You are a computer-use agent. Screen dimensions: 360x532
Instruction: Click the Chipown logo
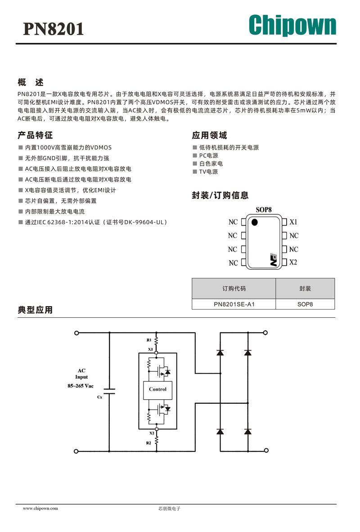[292, 25]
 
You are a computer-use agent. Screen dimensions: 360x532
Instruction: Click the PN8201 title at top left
[53, 29]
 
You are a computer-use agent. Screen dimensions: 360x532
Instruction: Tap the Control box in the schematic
[157, 389]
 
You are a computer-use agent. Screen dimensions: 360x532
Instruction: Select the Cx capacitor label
[100, 397]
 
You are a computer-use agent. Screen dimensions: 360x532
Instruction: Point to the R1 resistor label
[149, 340]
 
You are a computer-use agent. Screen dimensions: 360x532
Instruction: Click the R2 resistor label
[148, 443]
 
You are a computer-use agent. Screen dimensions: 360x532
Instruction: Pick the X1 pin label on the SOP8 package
[293, 222]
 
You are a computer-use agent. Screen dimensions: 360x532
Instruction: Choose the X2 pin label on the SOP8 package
[293, 262]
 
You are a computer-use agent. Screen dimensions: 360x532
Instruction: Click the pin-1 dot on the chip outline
[254, 222]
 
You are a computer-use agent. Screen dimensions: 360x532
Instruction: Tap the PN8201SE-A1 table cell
[234, 304]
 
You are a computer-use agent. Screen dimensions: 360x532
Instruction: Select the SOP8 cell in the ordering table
[305, 304]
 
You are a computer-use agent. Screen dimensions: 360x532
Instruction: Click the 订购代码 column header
[234, 289]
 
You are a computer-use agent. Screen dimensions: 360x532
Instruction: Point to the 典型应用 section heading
[35, 310]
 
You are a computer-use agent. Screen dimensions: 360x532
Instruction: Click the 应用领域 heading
[209, 135]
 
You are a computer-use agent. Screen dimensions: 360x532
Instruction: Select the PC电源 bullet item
[208, 155]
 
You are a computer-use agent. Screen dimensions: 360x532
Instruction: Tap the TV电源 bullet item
[208, 171]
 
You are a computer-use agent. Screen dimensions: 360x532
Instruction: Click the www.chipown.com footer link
[40, 508]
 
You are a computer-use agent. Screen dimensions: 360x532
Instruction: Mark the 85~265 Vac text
[81, 386]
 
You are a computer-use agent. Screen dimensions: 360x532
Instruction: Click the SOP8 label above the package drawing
[264, 210]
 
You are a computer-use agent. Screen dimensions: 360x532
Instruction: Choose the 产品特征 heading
[35, 135]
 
